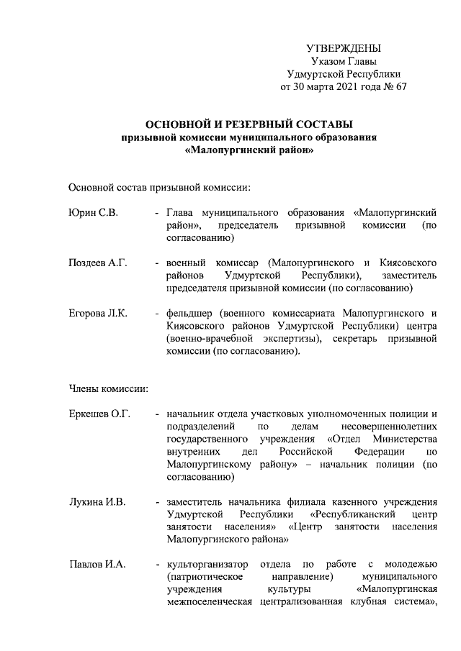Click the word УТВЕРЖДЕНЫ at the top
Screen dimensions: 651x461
point(343,48)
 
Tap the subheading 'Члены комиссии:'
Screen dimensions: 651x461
point(108,389)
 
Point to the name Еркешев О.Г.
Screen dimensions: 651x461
point(99,414)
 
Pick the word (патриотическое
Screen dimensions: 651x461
point(207,577)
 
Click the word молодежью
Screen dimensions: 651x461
point(411,564)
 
